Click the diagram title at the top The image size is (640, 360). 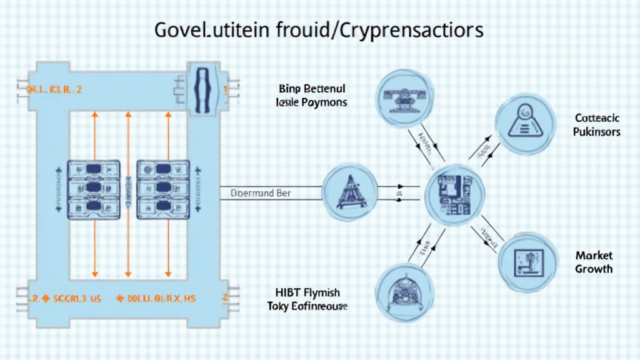coord(319,29)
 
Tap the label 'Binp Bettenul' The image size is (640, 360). coord(310,89)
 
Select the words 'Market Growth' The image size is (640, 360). coord(594,262)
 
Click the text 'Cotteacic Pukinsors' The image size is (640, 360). coord(597,124)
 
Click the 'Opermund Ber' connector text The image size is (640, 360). coord(261,193)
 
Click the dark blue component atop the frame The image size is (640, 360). coord(204,90)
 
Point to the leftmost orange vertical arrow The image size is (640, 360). coord(94,194)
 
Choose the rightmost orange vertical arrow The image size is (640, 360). coord(167,194)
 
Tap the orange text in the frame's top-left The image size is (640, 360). coord(54,90)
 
